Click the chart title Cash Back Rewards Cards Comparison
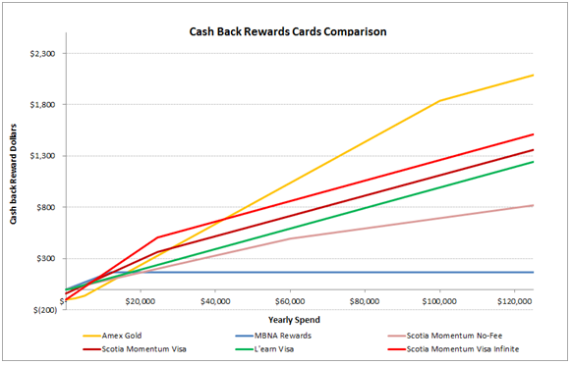coord(287,31)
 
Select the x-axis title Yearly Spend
coord(299,319)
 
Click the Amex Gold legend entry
coord(127,336)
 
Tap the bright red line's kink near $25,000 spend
coord(158,237)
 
